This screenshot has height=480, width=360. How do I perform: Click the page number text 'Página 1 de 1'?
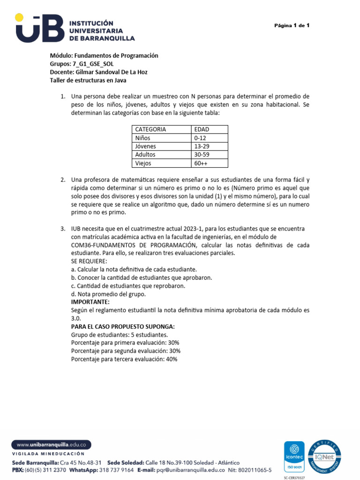(292, 25)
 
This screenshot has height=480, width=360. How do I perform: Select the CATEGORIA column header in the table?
(150, 129)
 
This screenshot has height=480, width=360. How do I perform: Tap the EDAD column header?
(202, 129)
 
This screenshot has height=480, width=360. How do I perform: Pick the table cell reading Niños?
(143, 138)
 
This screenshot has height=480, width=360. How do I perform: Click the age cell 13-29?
(201, 146)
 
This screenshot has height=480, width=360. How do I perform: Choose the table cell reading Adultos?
(145, 155)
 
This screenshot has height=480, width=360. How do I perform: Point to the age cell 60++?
(201, 163)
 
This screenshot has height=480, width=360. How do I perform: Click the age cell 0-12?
(200, 138)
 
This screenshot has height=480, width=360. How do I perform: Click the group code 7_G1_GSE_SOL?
(93, 64)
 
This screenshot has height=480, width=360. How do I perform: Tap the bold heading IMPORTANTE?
(90, 302)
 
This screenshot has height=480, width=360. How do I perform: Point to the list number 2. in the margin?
(62, 180)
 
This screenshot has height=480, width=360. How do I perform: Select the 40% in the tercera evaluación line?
(172, 359)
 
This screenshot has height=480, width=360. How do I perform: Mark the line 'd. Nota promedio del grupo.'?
(108, 294)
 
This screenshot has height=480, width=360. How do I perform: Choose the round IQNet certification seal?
(325, 456)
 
